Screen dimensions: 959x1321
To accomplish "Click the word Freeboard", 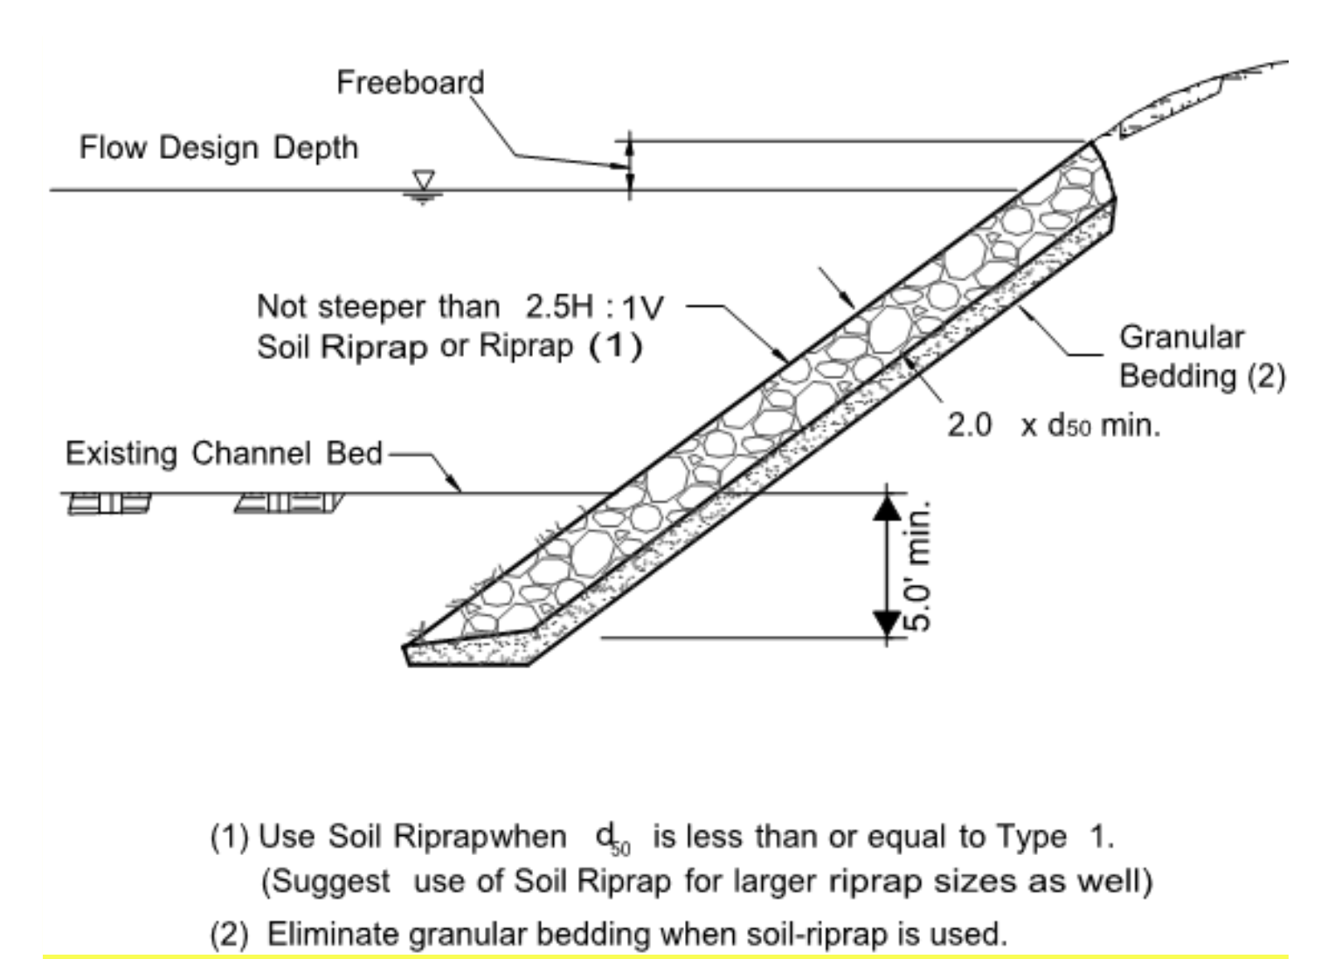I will point(410,82).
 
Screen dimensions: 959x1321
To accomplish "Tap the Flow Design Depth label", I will point(218,147).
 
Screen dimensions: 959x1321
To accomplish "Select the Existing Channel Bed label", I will point(224,453).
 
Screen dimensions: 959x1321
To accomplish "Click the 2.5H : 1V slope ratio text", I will point(594,307).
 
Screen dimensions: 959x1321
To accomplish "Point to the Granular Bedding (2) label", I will point(1201,356).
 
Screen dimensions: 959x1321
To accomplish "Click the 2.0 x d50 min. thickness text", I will point(1054,425).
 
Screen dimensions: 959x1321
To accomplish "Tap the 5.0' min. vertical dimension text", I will point(918,565).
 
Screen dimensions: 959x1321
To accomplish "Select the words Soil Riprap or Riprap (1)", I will point(449,347).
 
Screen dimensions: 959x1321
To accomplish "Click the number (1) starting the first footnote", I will point(229,837).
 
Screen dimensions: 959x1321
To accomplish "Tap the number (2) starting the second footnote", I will point(229,935).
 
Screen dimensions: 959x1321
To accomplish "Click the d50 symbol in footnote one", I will point(612,838).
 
